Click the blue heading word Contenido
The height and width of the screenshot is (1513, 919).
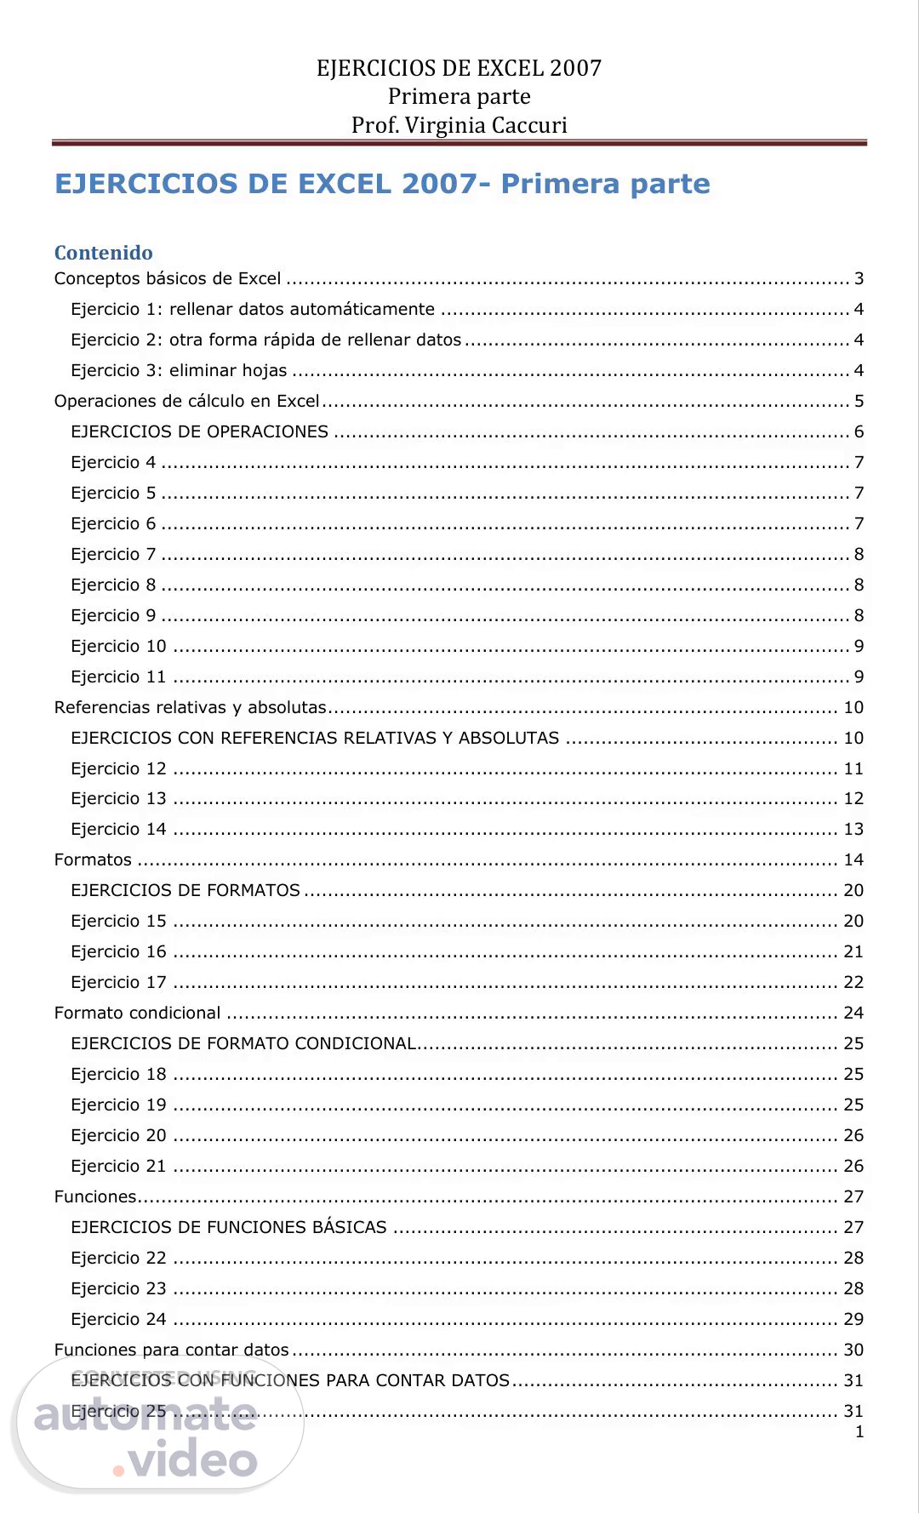click(103, 253)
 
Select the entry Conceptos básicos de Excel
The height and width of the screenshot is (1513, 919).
click(168, 278)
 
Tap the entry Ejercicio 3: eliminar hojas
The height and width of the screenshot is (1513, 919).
click(179, 370)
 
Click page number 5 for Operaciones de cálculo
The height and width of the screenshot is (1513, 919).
click(859, 401)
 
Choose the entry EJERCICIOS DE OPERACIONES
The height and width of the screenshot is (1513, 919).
click(199, 431)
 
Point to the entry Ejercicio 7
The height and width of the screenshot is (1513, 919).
click(113, 554)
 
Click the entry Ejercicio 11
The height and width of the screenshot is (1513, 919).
click(118, 677)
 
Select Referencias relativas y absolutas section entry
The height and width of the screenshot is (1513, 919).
click(191, 707)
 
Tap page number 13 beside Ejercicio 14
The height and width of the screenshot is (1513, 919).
click(853, 829)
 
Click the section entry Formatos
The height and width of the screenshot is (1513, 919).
click(93, 859)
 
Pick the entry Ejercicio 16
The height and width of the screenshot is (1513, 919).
click(118, 951)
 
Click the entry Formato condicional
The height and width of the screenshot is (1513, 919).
click(137, 1013)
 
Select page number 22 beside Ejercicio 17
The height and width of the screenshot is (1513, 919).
click(853, 982)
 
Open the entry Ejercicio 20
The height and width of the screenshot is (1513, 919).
click(118, 1135)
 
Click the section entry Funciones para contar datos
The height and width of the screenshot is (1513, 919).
click(171, 1350)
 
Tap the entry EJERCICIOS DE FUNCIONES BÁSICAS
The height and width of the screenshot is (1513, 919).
click(228, 1227)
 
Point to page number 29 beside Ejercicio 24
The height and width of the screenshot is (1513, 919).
click(853, 1319)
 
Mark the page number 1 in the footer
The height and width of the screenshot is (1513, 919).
click(859, 1431)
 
